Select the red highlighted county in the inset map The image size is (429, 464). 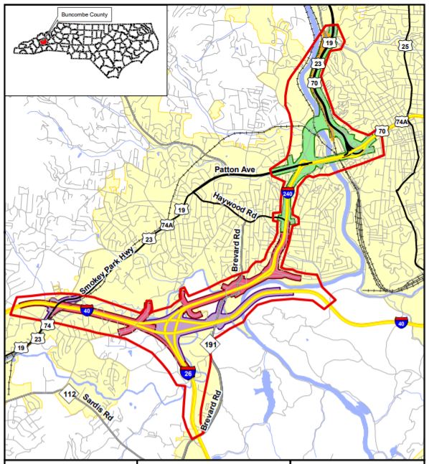point(43,42)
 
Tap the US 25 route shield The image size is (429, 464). point(406,47)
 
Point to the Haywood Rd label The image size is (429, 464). point(233,206)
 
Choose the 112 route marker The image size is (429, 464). point(70,395)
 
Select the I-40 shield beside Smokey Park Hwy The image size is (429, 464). point(85,312)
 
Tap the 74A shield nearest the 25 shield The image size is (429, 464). point(401,121)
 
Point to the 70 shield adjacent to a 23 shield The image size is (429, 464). point(314,83)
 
